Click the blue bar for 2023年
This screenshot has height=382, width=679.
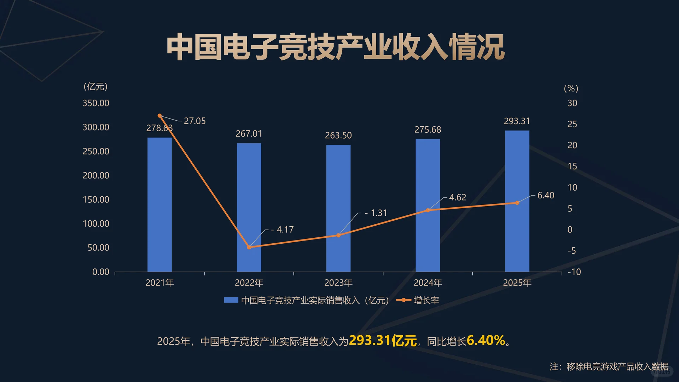click(338, 209)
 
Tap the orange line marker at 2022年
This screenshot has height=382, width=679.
click(249, 247)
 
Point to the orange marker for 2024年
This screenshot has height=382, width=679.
click(428, 210)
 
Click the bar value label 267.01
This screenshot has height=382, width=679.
click(249, 134)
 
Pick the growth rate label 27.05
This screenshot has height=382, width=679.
click(195, 121)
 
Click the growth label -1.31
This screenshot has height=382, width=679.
click(376, 213)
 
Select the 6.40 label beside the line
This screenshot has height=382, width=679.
click(546, 195)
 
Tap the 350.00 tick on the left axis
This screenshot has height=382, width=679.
click(96, 103)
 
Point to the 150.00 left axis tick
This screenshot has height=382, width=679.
click(96, 199)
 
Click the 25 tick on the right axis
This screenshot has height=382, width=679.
click(572, 124)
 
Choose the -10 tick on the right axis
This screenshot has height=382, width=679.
click(574, 272)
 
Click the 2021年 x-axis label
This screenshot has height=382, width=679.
click(159, 283)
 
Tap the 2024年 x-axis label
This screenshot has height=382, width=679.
click(428, 283)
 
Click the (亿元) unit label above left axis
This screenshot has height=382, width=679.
click(95, 87)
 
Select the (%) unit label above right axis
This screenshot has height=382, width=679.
click(571, 88)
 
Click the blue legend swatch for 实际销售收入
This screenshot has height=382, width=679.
click(231, 300)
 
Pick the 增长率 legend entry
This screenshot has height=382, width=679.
click(426, 300)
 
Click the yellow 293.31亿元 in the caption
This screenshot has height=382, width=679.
click(383, 341)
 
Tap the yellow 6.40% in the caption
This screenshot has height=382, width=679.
click(486, 341)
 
